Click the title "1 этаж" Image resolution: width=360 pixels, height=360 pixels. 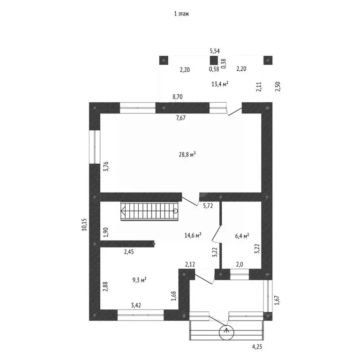(x=181, y=15)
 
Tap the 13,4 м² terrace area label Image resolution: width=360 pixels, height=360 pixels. (x=220, y=84)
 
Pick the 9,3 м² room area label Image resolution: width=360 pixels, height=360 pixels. (x=139, y=280)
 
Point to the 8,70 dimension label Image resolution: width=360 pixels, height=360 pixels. (x=178, y=97)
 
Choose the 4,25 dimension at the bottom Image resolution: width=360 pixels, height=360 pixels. (x=257, y=347)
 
